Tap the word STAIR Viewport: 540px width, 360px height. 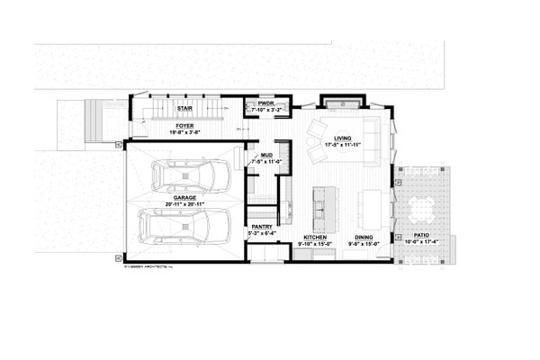[x=185, y=106]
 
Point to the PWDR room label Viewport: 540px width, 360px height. [x=265, y=103]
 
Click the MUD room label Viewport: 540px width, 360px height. [x=266, y=155]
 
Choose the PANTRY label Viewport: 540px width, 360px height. [x=262, y=228]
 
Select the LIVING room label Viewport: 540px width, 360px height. [x=342, y=138]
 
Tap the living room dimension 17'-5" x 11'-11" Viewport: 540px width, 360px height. [x=342, y=144]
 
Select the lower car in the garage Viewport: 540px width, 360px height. [x=183, y=229]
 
